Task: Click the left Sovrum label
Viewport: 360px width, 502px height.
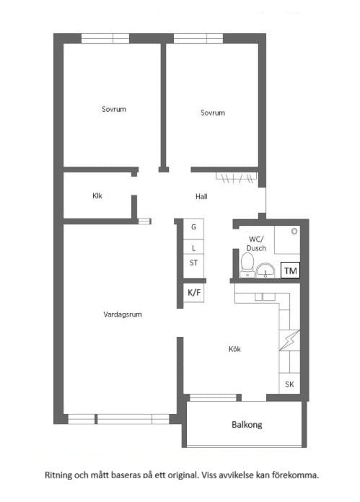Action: pos(114,109)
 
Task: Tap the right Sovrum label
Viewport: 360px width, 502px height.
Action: pos(213,113)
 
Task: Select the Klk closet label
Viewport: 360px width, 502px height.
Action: pos(97,195)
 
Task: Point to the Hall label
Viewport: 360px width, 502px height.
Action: pos(201,196)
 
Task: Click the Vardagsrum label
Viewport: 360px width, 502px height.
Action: pos(123,314)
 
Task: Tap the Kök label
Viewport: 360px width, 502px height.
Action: pos(234,349)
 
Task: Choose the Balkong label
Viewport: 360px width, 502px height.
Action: pos(247,425)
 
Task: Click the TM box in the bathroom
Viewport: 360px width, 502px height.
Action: pos(290,270)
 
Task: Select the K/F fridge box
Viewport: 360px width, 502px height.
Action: pos(194,292)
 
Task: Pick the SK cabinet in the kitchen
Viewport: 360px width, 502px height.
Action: pos(289,384)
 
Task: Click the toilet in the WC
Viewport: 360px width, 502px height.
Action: pos(247,265)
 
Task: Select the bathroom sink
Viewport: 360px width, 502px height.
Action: pos(265,270)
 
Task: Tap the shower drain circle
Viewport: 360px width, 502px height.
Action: pos(294,231)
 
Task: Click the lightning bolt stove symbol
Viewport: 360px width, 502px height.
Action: pos(289,340)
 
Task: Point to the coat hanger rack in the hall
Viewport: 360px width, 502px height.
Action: pos(237,178)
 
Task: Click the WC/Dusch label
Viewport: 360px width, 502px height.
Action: pos(256,244)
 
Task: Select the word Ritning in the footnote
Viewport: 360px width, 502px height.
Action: pos(58,475)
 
